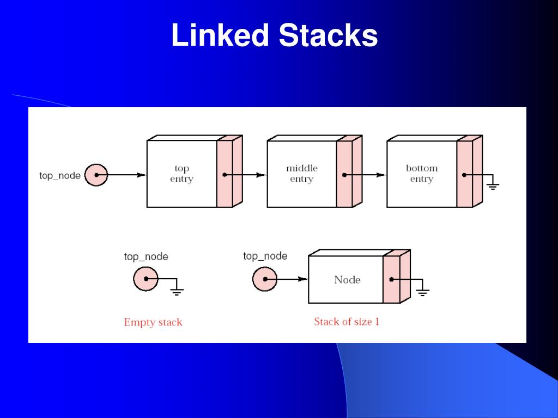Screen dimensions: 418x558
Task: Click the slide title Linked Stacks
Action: coord(274,36)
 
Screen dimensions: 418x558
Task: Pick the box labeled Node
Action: coord(347,280)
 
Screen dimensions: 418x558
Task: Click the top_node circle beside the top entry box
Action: coord(96,175)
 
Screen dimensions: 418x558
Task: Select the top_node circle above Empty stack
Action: coord(145,280)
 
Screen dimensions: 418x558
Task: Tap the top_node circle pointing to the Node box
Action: coord(265,280)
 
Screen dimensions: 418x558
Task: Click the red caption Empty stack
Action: coord(153,322)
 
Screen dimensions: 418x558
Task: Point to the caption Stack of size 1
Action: coord(347,322)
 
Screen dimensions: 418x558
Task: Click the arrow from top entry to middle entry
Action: coord(246,175)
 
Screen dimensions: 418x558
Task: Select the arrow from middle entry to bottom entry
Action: coord(366,175)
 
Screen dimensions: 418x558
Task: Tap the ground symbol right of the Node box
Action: coord(423,291)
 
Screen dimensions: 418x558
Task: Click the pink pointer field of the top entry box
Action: coord(225,174)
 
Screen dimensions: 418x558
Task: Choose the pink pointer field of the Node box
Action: coord(391,279)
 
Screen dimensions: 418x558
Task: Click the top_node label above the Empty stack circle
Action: coord(146,256)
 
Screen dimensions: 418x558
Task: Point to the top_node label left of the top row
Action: coord(60,175)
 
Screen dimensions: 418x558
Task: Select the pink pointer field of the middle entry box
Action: coord(344,174)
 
